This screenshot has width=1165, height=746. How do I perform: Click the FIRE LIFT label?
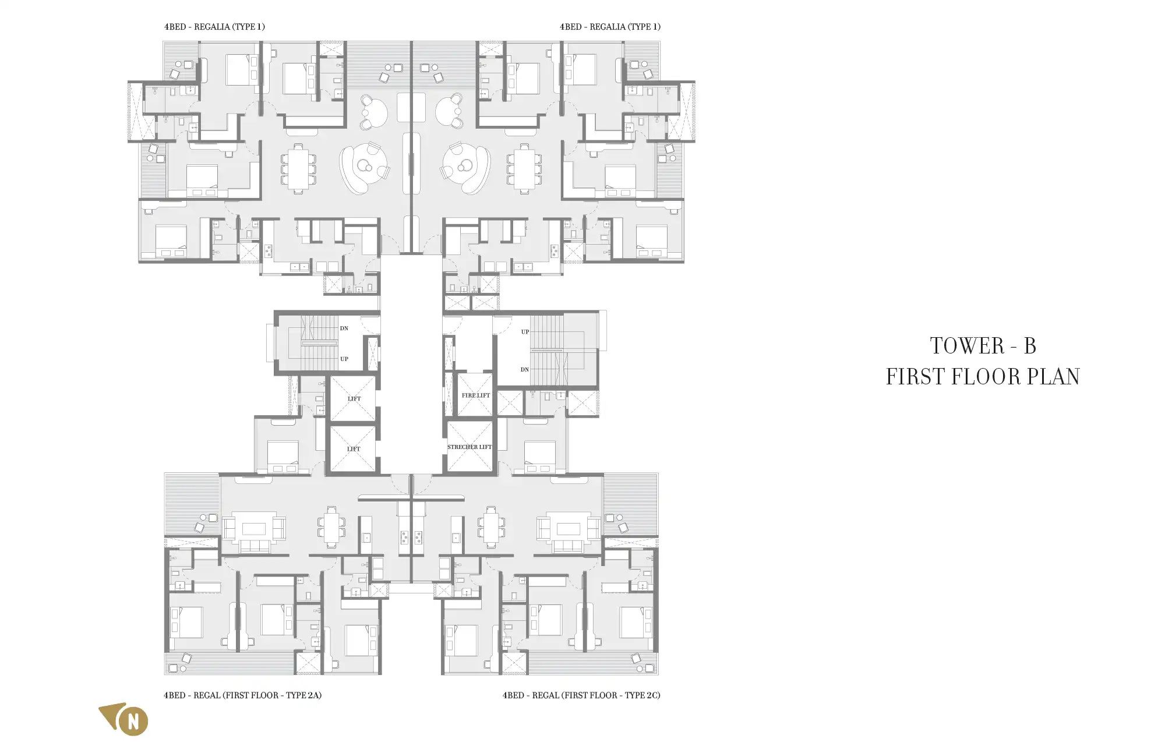476,395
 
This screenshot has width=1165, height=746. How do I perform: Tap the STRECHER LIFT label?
469,447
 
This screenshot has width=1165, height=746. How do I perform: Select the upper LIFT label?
354,399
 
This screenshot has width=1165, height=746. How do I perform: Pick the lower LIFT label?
354,449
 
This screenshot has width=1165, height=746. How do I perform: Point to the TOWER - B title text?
983,346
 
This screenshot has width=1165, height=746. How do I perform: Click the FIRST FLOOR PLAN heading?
983,377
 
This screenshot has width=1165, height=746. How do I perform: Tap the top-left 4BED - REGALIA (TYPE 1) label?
214,27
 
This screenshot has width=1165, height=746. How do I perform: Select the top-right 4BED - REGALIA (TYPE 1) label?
610,27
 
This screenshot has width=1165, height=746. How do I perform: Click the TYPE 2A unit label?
242,695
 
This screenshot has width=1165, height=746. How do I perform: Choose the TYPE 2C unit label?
581,695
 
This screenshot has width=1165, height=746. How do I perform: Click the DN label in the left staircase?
344,328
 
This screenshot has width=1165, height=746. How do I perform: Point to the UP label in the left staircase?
344,359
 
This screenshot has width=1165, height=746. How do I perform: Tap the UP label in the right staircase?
525,332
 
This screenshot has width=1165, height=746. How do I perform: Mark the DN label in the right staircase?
525,370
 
